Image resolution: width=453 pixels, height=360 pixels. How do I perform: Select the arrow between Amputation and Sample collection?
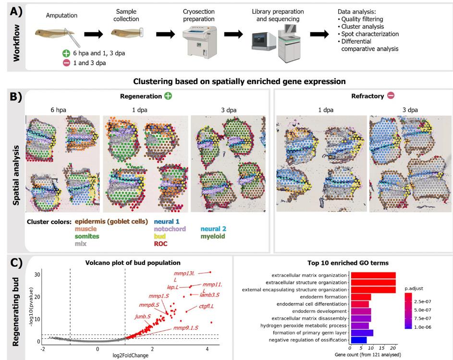click(94, 35)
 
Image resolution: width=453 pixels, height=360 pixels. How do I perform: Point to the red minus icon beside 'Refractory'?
click(391, 96)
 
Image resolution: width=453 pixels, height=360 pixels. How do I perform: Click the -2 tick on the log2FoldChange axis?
click(43, 347)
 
